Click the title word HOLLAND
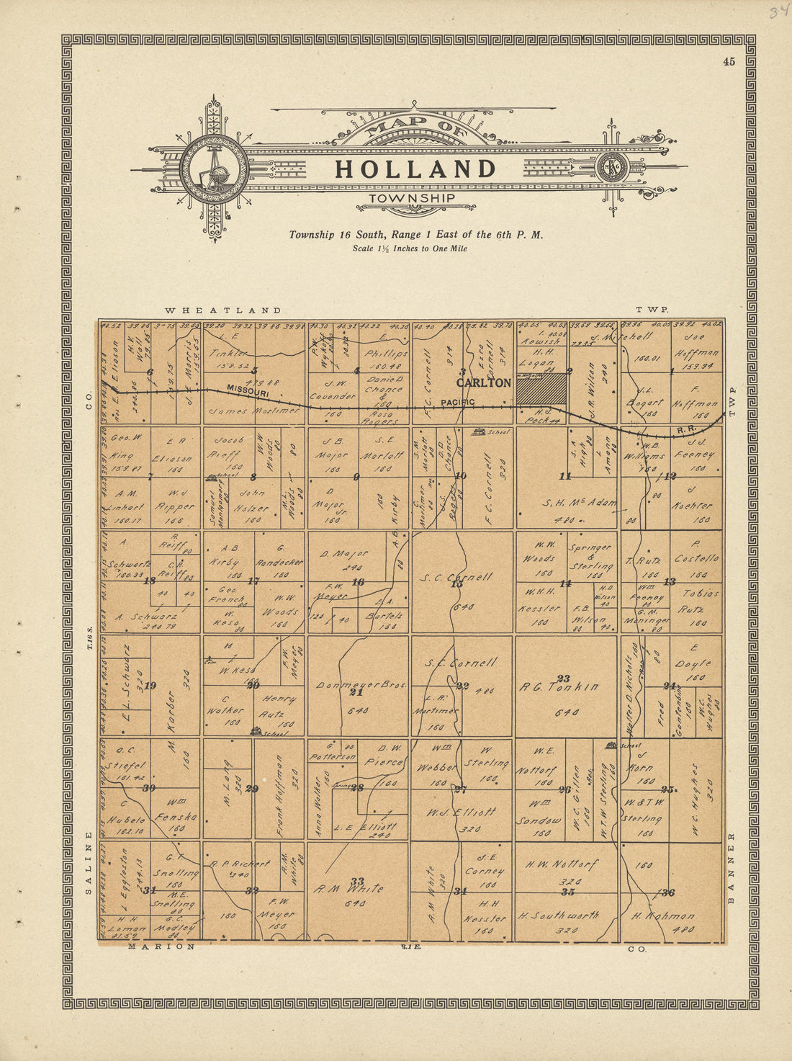tap(415, 169)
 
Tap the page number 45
tap(729, 62)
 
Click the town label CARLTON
tap(483, 383)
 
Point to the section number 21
tap(356, 692)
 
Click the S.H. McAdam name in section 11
tap(578, 503)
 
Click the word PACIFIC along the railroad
tap(458, 402)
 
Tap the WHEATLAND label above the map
tap(223, 310)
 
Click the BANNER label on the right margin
tap(732, 867)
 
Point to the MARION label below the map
tap(161, 947)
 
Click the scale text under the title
tap(409, 249)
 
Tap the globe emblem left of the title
tap(214, 169)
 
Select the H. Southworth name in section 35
tap(558, 916)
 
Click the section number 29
tap(251, 789)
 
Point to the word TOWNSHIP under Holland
tap(411, 198)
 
